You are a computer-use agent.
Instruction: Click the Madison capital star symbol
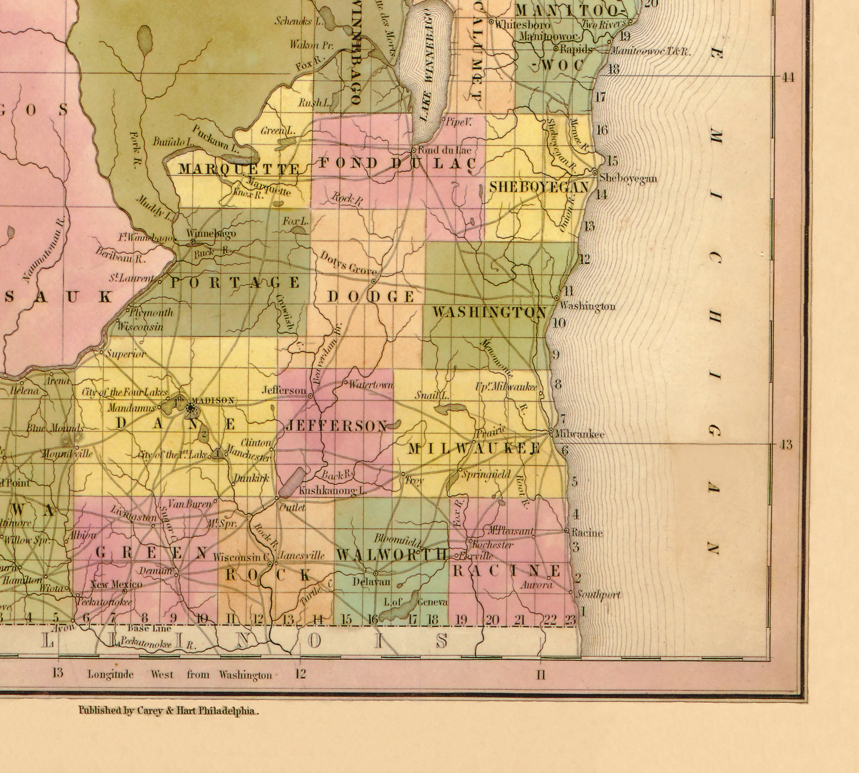190,409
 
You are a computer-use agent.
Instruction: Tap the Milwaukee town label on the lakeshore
580,434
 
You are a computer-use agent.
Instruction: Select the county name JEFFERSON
336,426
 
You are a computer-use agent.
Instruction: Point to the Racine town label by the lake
587,533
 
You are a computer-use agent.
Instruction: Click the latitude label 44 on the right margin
788,77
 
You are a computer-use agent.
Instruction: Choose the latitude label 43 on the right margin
785,445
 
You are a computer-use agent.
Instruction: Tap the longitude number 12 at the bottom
300,674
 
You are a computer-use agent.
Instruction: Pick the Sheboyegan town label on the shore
628,178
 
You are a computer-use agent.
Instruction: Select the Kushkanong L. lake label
332,491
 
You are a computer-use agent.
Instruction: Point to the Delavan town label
371,581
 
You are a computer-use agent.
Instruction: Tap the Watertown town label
371,385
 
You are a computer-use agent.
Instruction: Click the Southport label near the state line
598,595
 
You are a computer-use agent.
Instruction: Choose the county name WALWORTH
392,554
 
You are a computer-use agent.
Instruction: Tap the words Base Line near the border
149,628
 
